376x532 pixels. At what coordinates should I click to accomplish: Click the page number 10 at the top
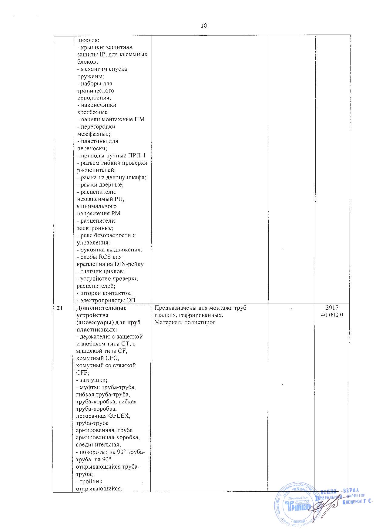(203, 26)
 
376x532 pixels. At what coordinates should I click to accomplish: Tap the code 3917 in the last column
(332, 308)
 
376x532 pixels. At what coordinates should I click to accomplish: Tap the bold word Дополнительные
(101, 308)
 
